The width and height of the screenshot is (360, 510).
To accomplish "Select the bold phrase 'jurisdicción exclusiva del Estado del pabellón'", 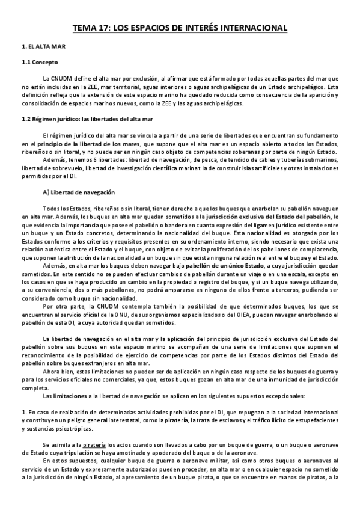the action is [265, 216].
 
